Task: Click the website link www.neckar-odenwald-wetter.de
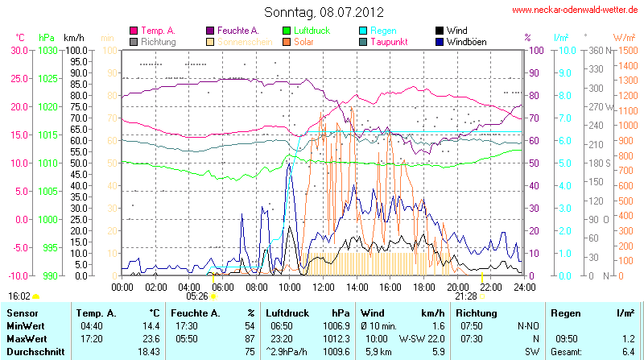click(x=575, y=10)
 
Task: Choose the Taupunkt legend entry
click(x=392, y=41)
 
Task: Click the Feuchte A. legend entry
click(x=237, y=30)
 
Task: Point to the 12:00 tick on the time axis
click(x=324, y=286)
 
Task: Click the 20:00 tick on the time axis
click(x=457, y=286)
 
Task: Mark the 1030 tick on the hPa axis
click(x=47, y=50)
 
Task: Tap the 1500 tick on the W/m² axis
click(x=625, y=50)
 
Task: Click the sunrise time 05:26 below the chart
click(x=196, y=296)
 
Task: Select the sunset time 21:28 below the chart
click(x=466, y=296)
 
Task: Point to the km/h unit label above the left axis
click(x=74, y=38)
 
